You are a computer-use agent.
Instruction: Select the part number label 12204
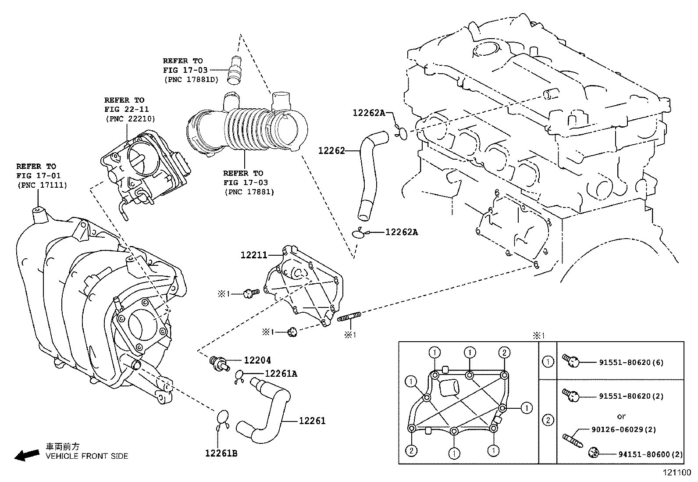click(x=257, y=360)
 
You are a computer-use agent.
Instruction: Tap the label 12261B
click(x=221, y=453)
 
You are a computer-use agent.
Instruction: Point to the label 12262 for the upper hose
click(x=332, y=150)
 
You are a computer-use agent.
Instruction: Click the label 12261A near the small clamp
click(x=281, y=373)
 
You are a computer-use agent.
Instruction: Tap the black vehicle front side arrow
click(x=26, y=455)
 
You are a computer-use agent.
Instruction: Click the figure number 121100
click(x=676, y=473)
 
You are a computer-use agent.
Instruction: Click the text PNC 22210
click(x=130, y=118)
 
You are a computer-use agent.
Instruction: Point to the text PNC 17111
click(x=42, y=185)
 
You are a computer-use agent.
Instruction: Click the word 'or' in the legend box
click(x=621, y=416)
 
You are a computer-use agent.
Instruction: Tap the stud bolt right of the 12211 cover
click(x=349, y=317)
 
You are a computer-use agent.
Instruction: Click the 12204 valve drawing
click(x=217, y=362)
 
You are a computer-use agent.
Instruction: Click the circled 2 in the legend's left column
click(x=548, y=421)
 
